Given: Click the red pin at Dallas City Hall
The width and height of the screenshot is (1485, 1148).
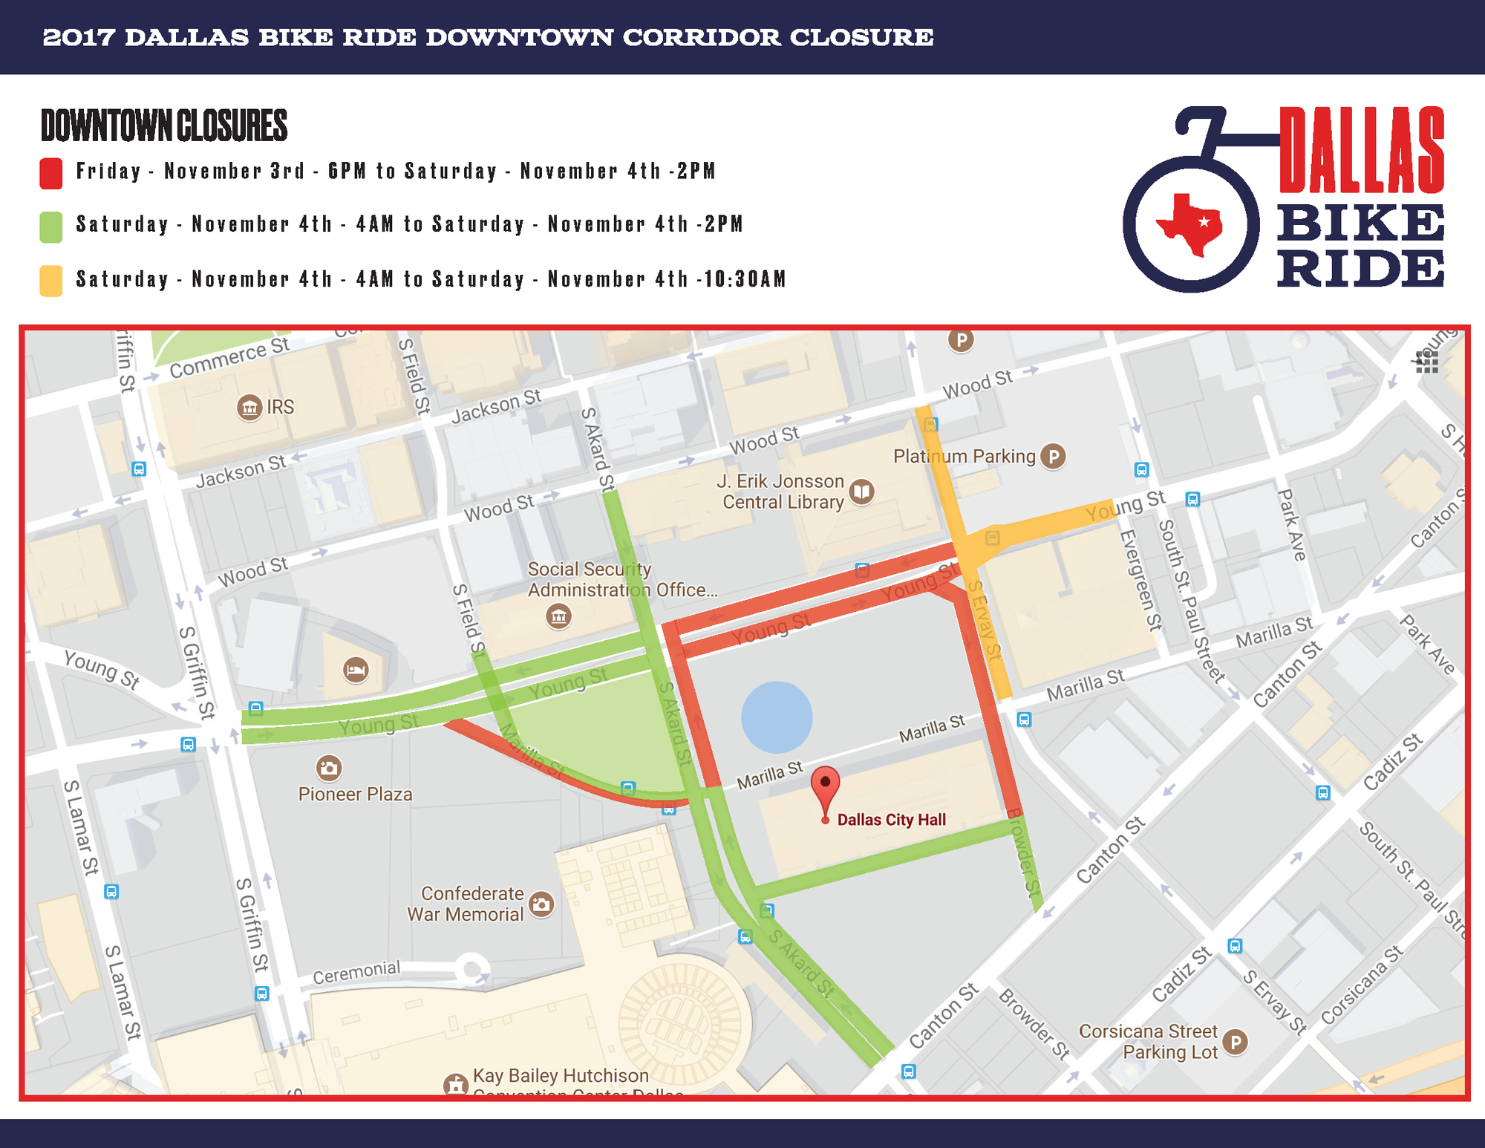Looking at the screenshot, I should (825, 787).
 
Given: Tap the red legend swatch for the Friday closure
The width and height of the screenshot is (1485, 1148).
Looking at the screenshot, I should (51, 173).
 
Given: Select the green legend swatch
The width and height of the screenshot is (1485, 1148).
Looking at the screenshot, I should (51, 226).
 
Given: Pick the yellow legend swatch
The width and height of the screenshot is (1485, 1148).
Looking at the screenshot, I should (51, 281).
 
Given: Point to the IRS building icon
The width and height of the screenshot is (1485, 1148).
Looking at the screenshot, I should (249, 408).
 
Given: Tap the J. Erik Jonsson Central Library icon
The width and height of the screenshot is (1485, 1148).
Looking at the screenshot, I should (861, 491).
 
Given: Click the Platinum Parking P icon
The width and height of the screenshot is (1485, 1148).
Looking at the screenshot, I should (1053, 456).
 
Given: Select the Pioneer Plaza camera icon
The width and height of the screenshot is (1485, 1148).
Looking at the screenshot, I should (329, 767).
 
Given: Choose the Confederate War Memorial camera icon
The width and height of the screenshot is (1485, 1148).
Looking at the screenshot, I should (542, 904).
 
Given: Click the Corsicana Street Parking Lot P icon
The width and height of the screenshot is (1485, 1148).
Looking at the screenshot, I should (1235, 1042).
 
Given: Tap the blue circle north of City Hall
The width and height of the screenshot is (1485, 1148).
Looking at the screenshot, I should (777, 717).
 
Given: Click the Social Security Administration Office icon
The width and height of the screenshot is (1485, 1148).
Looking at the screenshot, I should (558, 616).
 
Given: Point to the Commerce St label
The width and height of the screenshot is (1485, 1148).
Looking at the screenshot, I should (229, 358).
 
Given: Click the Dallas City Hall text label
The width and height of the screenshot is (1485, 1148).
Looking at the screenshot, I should (891, 820).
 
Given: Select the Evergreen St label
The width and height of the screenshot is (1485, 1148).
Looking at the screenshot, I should (1140, 580).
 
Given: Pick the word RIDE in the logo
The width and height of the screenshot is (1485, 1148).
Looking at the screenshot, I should (1361, 269).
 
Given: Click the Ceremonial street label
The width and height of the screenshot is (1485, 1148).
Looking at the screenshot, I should (356, 972).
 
